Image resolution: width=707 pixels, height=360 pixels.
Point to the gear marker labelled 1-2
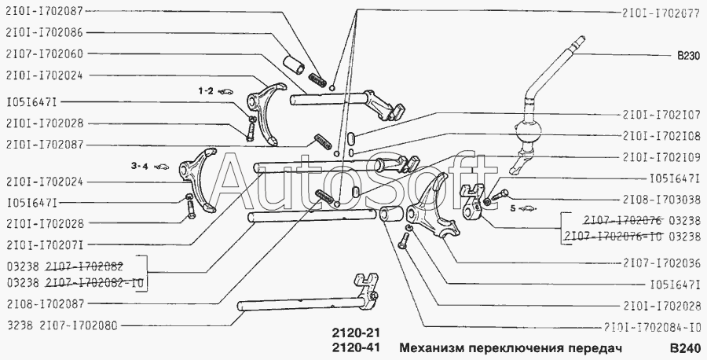coord(206,91)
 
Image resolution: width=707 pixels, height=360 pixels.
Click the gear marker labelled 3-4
coord(139,166)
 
